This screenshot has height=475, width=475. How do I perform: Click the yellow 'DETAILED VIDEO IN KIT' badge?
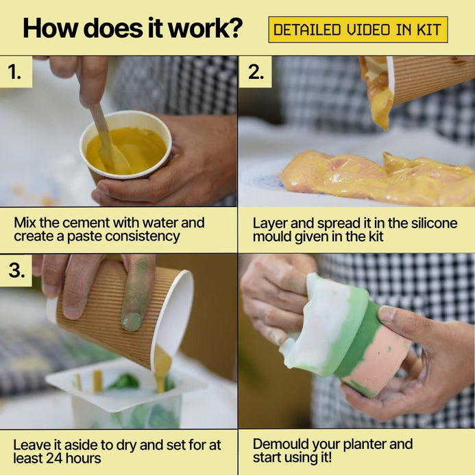[x=358, y=29]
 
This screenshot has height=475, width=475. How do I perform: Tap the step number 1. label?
[x=14, y=72]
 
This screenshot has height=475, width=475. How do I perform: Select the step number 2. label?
[x=256, y=72]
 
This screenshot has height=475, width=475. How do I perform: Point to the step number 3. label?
[x=16, y=270]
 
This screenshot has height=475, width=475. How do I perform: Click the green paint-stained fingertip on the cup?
[x=132, y=321]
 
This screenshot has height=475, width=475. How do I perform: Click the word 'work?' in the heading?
[x=206, y=28]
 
